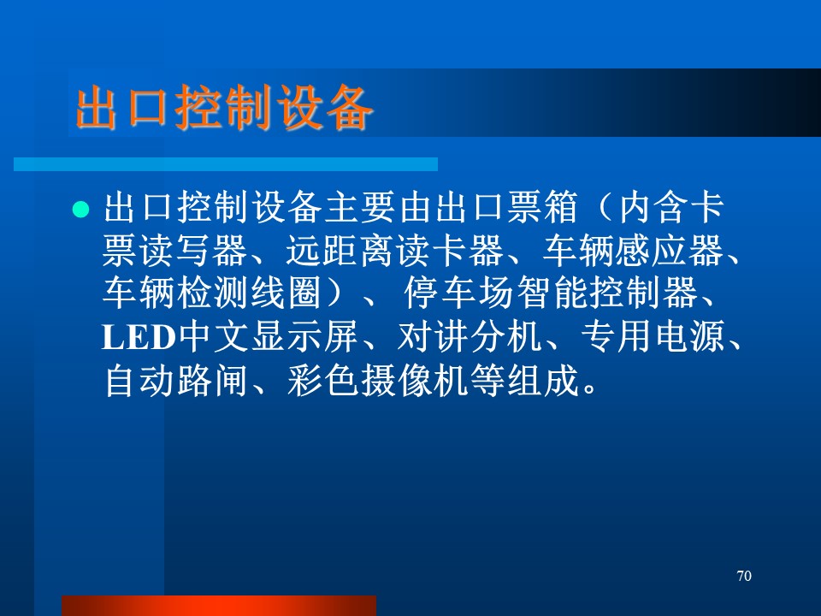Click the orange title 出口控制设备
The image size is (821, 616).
(x=225, y=108)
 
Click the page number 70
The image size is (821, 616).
(x=744, y=576)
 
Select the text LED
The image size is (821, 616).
(x=139, y=337)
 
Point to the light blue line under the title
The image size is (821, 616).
(x=226, y=164)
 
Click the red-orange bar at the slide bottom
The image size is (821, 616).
(x=219, y=606)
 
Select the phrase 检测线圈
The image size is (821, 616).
(x=248, y=293)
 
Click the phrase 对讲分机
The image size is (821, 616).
(x=470, y=337)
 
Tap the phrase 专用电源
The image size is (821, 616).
(x=653, y=337)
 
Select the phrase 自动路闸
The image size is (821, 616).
(x=175, y=380)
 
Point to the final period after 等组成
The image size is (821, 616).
(x=589, y=388)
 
